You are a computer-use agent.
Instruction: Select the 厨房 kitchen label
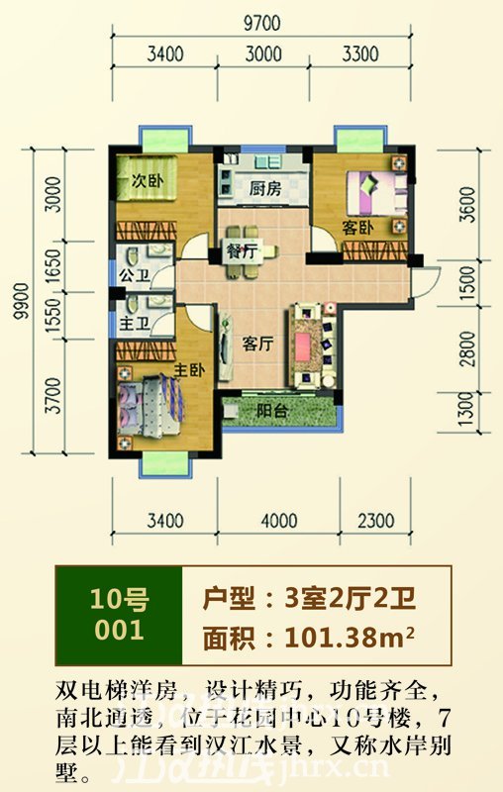[x=263, y=187]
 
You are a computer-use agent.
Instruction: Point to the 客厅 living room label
[x=258, y=344]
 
